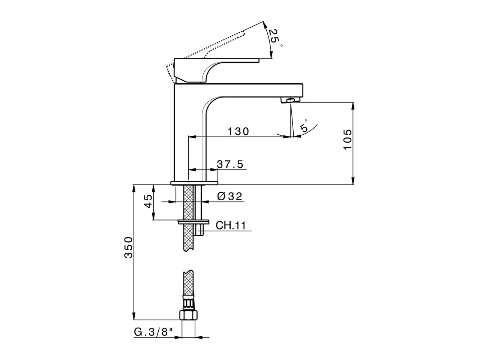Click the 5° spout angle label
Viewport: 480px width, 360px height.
click(x=304, y=126)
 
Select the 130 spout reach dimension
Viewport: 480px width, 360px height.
click(x=238, y=131)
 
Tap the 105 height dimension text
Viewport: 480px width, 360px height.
click(x=347, y=140)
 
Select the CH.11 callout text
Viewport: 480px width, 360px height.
click(x=231, y=225)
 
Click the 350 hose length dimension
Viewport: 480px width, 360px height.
click(x=129, y=247)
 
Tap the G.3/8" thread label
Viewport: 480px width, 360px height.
click(x=154, y=331)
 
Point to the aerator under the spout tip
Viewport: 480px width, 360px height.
click(x=291, y=100)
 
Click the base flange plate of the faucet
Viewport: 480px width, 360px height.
click(x=194, y=183)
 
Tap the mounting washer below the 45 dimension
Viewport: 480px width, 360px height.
click(x=194, y=221)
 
